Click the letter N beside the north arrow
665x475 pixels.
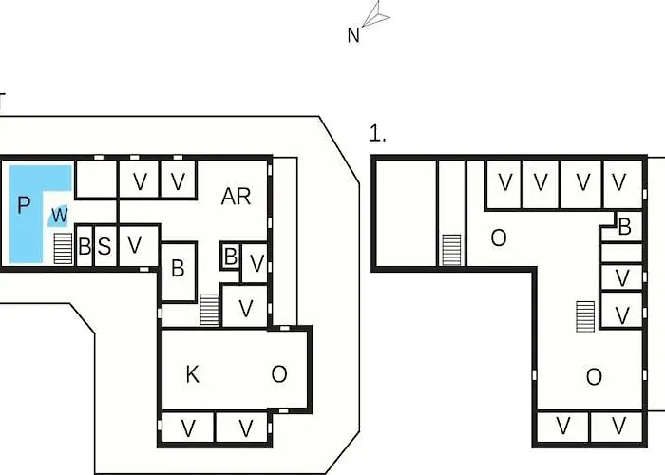pyautogui.click(x=353, y=35)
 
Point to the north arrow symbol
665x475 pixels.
pyautogui.click(x=376, y=14)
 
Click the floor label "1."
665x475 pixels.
pyautogui.click(x=377, y=133)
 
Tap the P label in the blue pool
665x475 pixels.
pyautogui.click(x=24, y=204)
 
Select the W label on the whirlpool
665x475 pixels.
pyautogui.click(x=60, y=215)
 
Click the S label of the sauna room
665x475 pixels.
pyautogui.click(x=104, y=246)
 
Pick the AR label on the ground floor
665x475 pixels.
pyautogui.click(x=237, y=197)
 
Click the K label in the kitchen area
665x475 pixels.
pyautogui.click(x=192, y=374)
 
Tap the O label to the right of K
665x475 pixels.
pyautogui.click(x=279, y=374)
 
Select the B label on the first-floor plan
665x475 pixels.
pyautogui.click(x=624, y=227)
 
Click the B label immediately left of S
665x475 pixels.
pyautogui.click(x=85, y=246)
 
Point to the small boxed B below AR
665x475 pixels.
pyautogui.click(x=231, y=256)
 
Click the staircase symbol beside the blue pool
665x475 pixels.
pyautogui.click(x=64, y=249)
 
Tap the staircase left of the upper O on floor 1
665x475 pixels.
pyautogui.click(x=451, y=250)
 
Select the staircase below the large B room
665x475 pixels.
pyautogui.click(x=210, y=310)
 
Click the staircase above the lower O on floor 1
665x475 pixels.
pyautogui.click(x=585, y=316)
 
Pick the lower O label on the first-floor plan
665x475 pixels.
pyautogui.click(x=594, y=376)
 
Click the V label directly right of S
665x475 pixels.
pyautogui.click(x=135, y=245)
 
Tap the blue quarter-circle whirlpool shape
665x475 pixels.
pyautogui.click(x=59, y=216)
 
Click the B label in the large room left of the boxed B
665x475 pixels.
pyautogui.click(x=179, y=268)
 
